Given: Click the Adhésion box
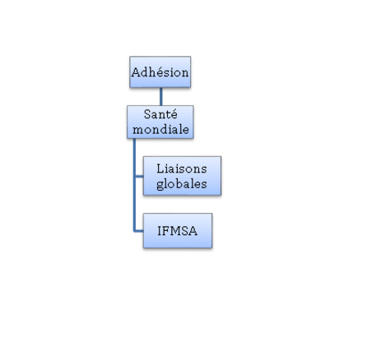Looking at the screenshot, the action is point(160,72).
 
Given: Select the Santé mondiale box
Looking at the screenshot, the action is point(160,122).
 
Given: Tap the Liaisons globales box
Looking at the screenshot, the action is point(182,176).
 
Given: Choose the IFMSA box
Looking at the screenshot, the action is point(178,231).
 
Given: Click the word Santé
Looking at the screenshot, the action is point(160,114).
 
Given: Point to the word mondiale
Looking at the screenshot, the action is point(160,129).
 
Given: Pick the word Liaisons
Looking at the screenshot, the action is point(182,168).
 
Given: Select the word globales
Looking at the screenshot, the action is point(182,184).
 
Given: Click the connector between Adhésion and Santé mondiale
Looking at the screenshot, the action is point(161,96).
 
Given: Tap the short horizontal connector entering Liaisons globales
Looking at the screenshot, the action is point(139,177).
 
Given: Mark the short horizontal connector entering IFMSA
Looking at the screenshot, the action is point(139,231).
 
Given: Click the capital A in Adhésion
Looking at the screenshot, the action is point(136,72).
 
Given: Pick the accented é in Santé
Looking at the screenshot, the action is point(174,114).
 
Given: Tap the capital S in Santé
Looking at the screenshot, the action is point(147,114).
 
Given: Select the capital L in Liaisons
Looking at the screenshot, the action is point(160,168).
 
